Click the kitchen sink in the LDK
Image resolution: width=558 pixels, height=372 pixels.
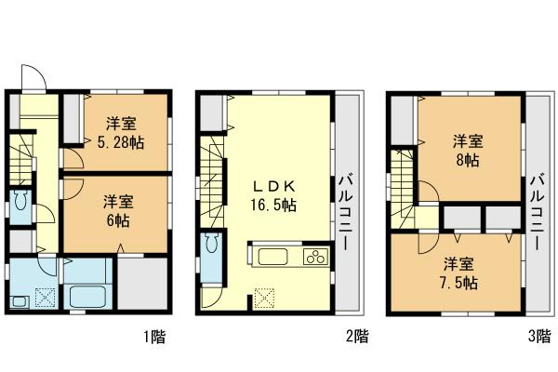[273, 258]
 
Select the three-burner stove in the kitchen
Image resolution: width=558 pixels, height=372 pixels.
[315, 258]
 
